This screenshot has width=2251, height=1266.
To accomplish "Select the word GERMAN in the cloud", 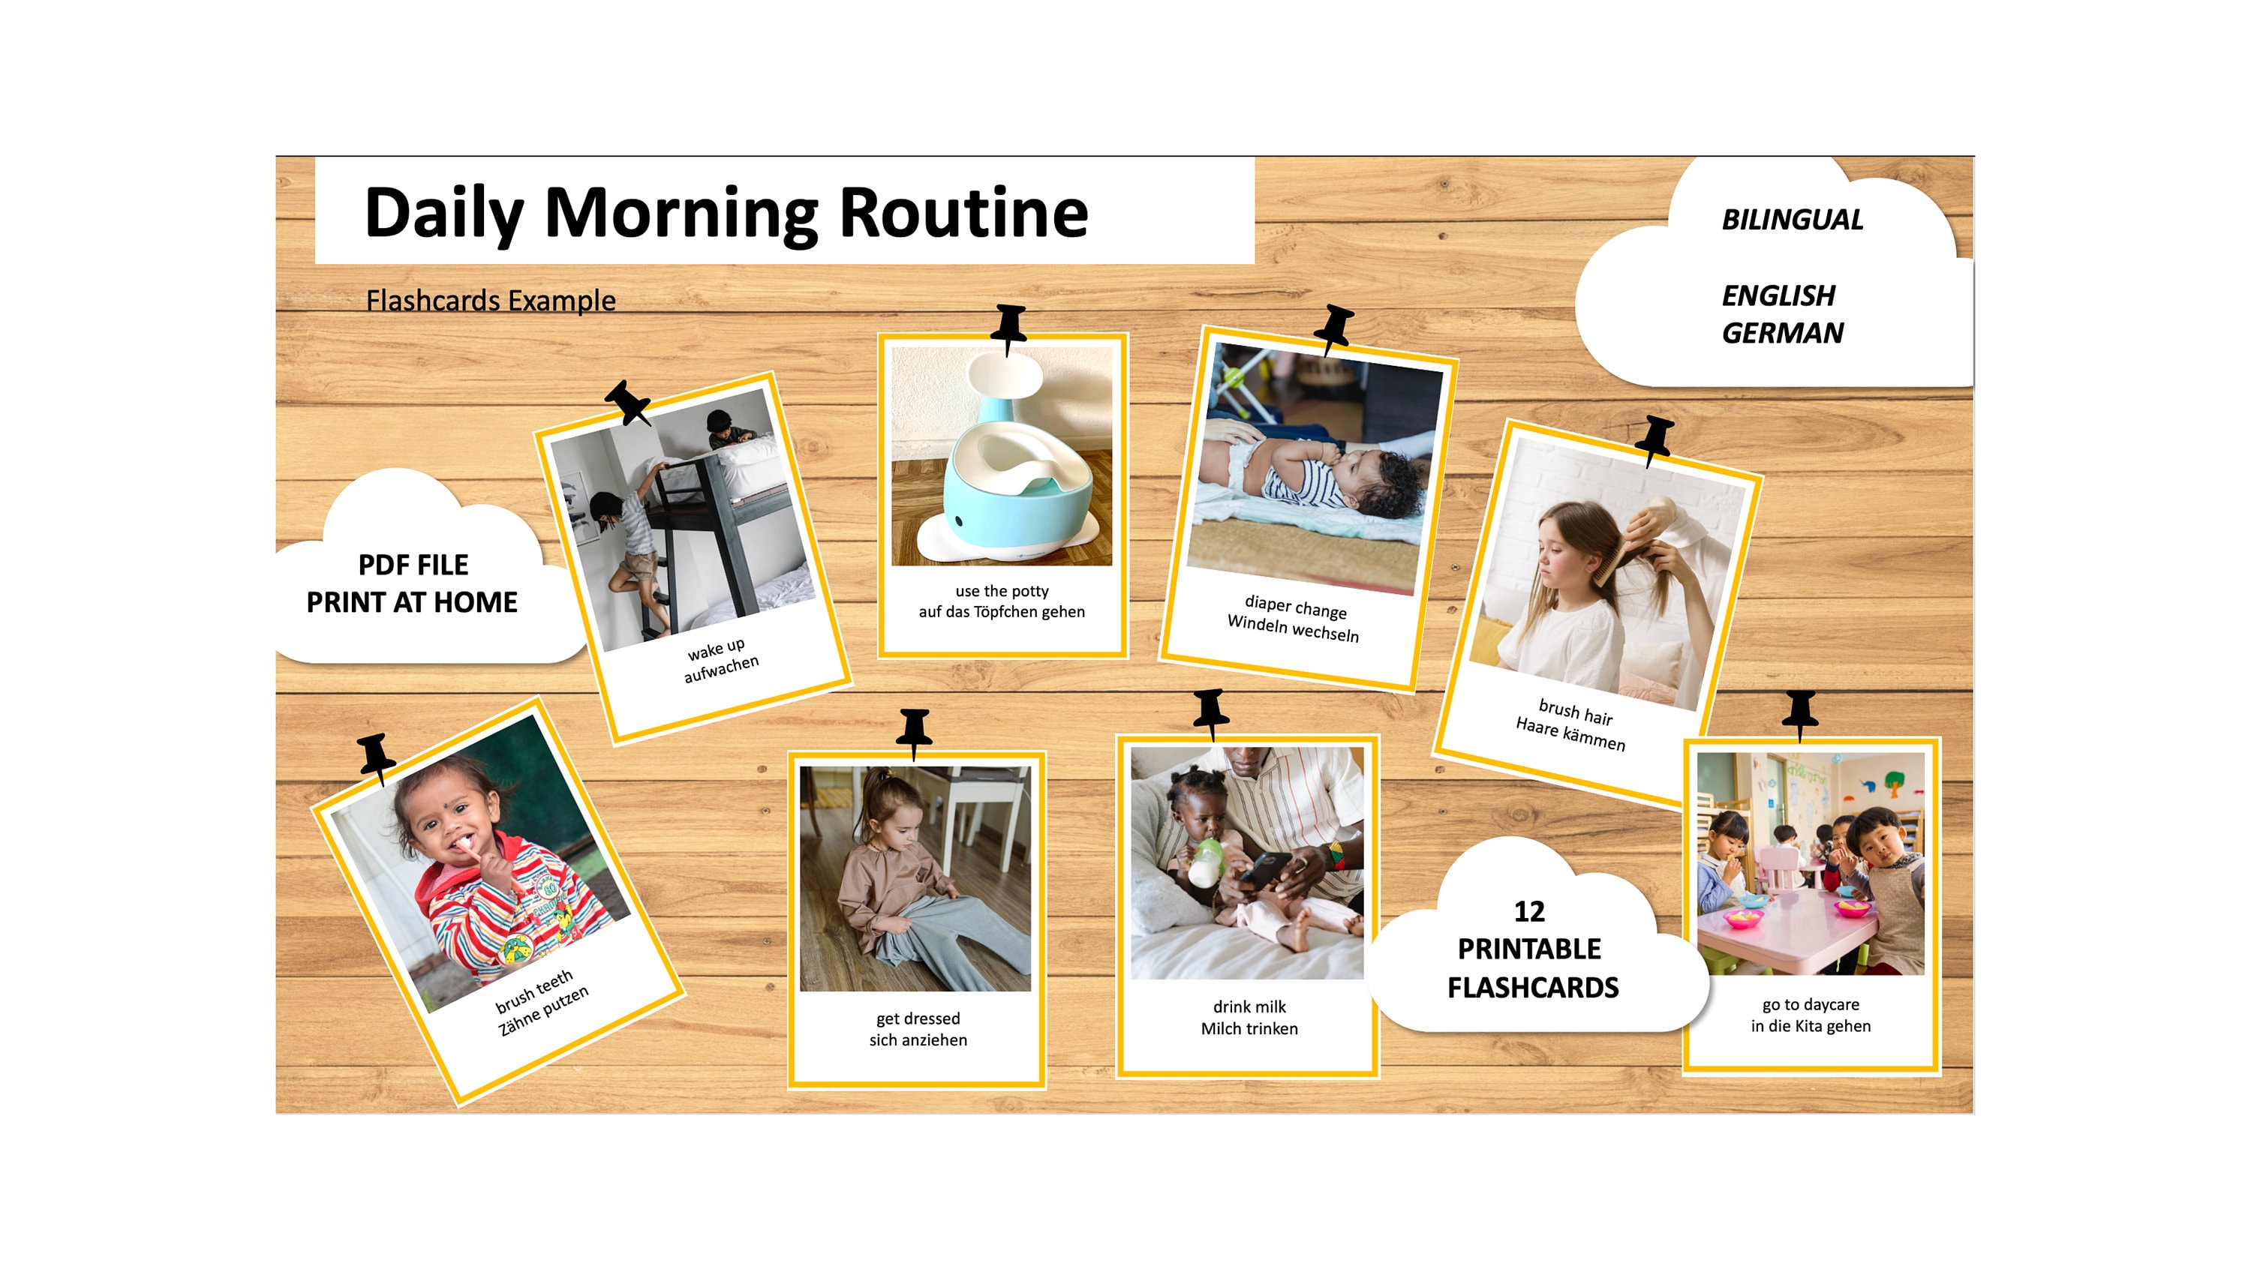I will (1782, 333).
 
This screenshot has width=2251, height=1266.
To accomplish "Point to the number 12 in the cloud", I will (1528, 911).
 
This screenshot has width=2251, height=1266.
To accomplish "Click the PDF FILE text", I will (413, 565).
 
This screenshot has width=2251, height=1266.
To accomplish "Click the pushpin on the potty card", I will (1009, 325).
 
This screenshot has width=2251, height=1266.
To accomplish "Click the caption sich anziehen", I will (918, 1039).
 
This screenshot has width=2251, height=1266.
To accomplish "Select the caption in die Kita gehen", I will (1810, 1026).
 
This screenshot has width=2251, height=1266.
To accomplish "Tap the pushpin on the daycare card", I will (1800, 711).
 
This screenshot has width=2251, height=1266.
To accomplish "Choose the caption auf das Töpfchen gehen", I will (1002, 611).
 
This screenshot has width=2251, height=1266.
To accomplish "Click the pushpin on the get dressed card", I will (914, 730).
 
